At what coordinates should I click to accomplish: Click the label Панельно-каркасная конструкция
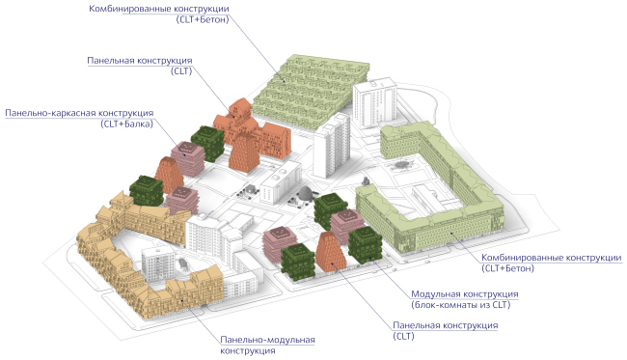click(81, 113)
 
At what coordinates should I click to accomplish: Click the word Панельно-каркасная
click(49, 113)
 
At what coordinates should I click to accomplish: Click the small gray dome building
click(305, 195)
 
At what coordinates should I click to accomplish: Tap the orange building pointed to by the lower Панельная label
click(329, 254)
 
